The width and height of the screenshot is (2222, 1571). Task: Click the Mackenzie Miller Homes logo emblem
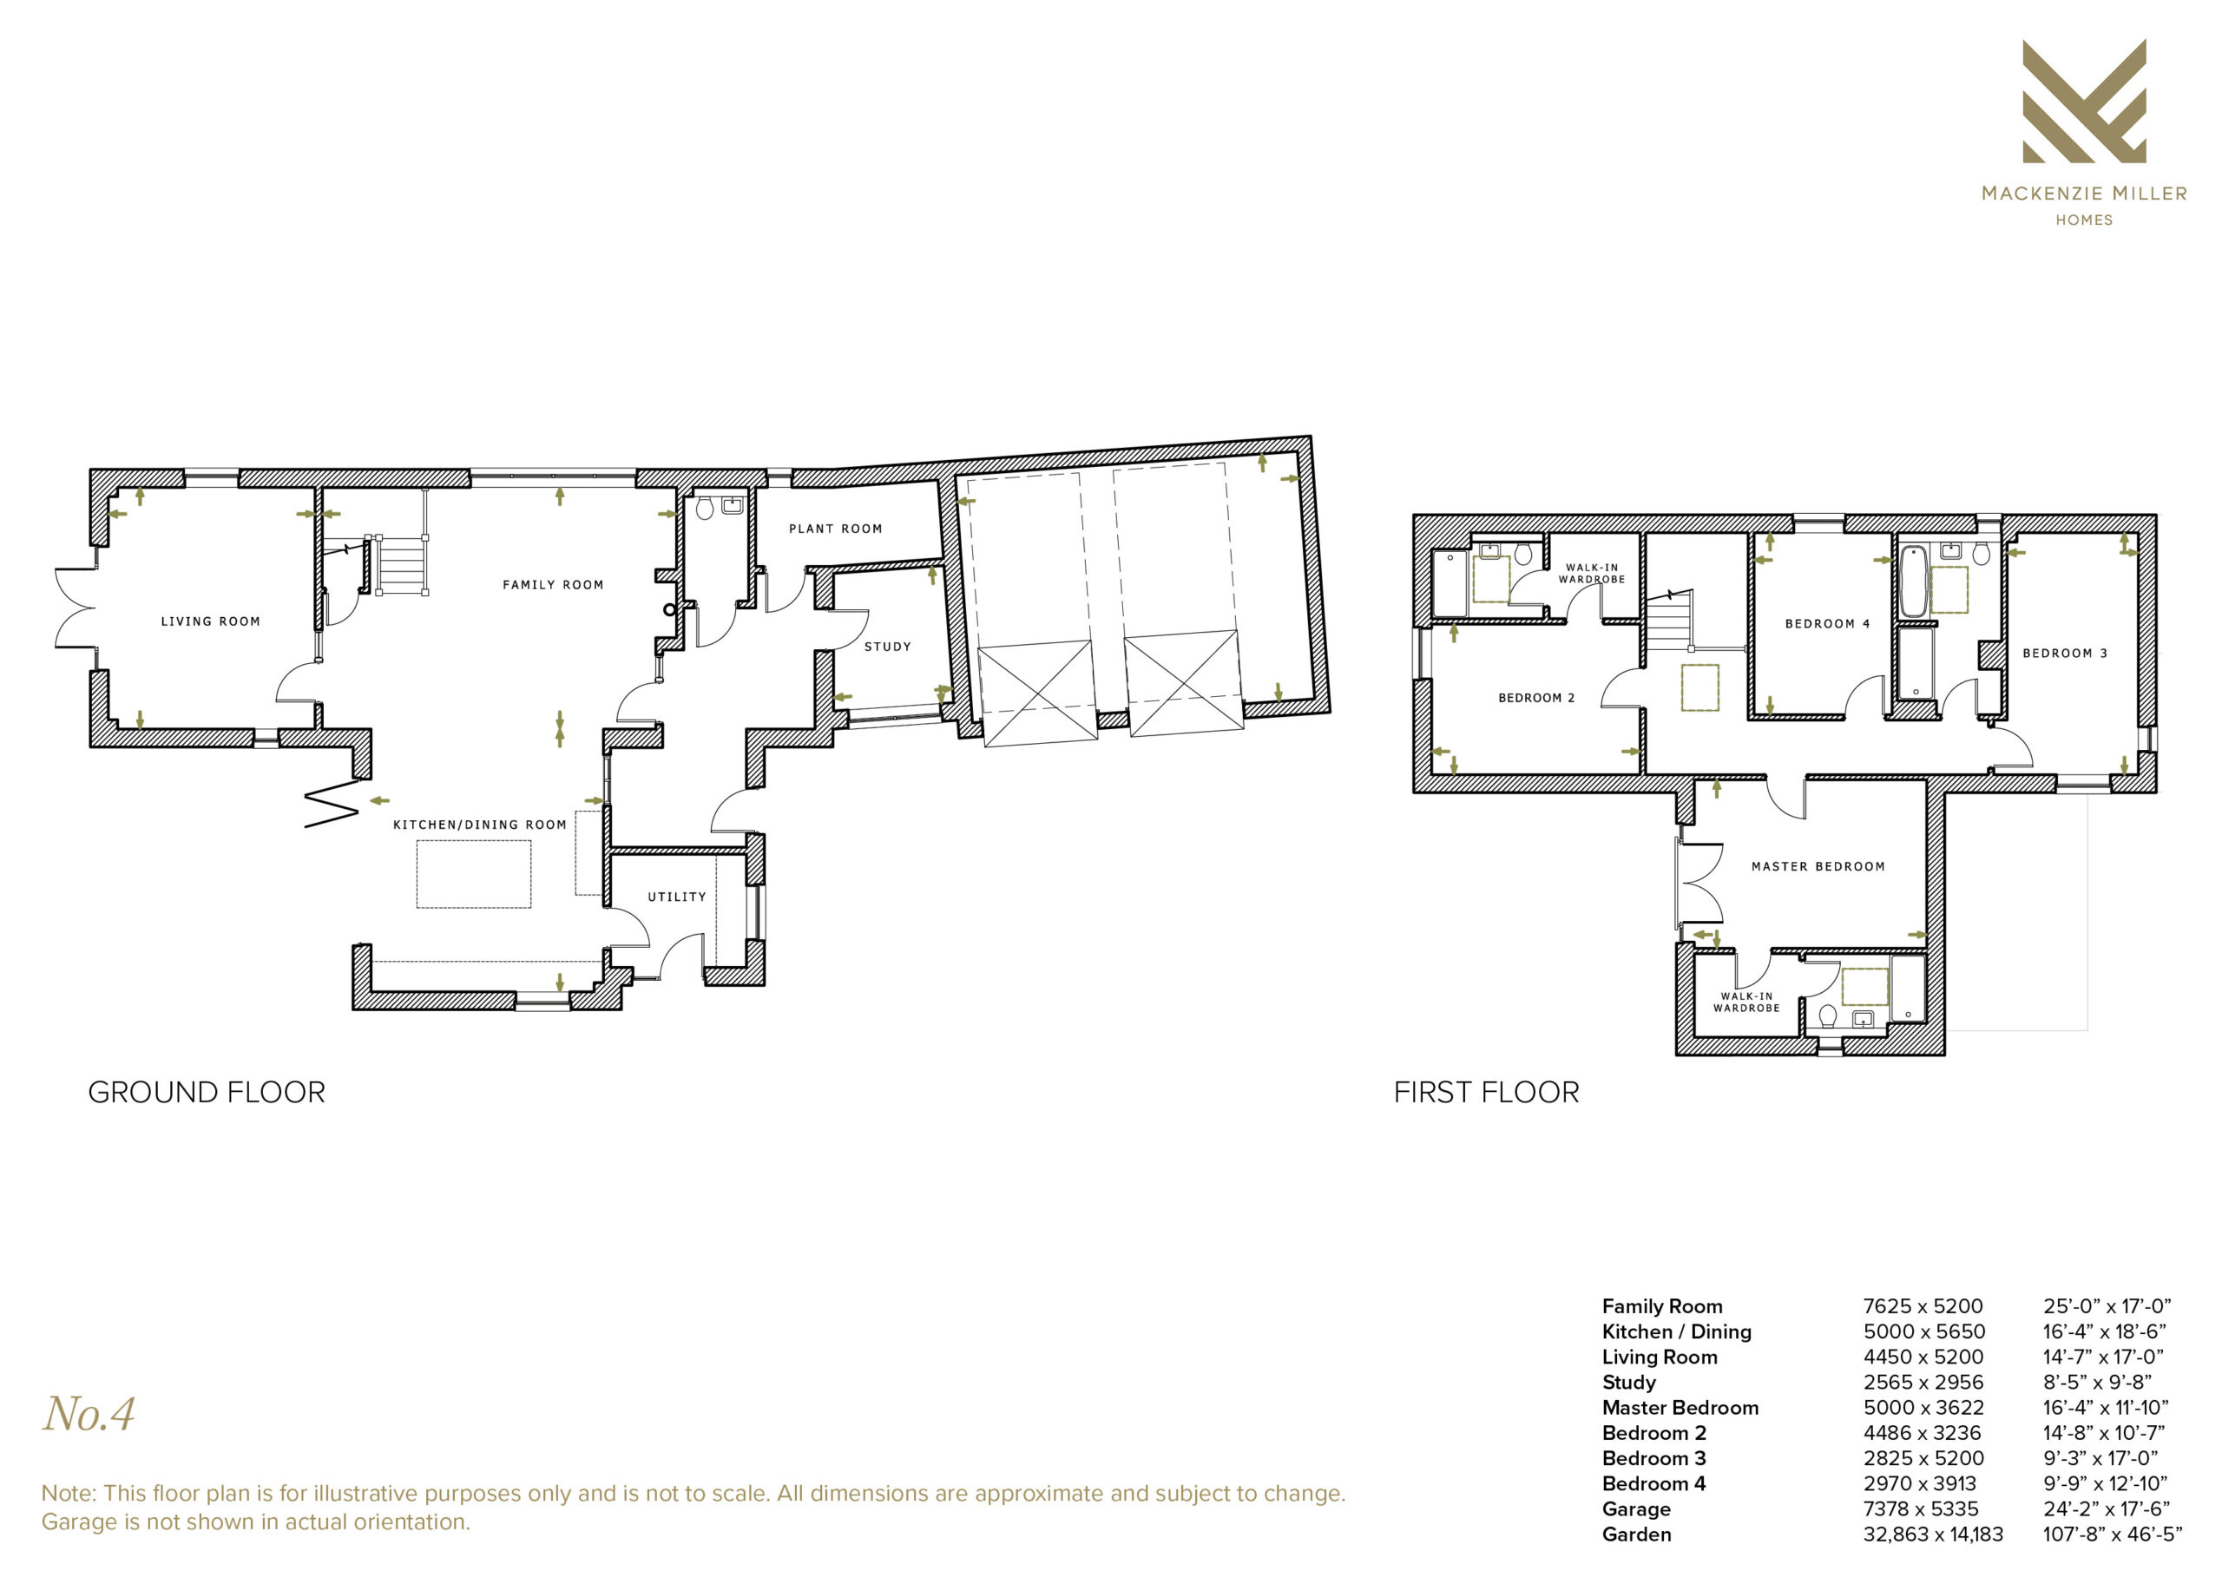click(2084, 101)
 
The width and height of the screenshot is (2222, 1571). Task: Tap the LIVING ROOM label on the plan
click(210, 621)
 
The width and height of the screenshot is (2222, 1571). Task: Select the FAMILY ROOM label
click(553, 585)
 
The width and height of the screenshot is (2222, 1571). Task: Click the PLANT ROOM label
click(835, 529)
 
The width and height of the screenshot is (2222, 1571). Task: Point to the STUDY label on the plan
click(887, 647)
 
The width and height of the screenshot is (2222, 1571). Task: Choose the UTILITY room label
click(676, 897)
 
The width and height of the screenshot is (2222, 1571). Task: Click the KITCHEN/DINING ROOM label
click(479, 825)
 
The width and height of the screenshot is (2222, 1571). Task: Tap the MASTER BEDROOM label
click(1818, 866)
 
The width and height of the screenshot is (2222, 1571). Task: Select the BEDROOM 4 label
click(1827, 623)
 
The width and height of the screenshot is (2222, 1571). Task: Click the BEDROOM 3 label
click(2064, 654)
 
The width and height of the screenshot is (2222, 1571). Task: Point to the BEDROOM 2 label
click(1535, 698)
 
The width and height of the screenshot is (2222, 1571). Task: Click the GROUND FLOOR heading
click(206, 1093)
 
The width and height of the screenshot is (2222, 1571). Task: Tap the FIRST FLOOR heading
click(1485, 1093)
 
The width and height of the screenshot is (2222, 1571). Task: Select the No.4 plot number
click(89, 1414)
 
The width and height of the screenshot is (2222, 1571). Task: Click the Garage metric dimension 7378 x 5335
click(1921, 1509)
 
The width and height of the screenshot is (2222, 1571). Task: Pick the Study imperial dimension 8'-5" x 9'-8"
click(2097, 1383)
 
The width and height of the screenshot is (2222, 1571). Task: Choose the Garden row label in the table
click(1636, 1535)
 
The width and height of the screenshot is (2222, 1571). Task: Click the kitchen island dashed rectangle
click(473, 874)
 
